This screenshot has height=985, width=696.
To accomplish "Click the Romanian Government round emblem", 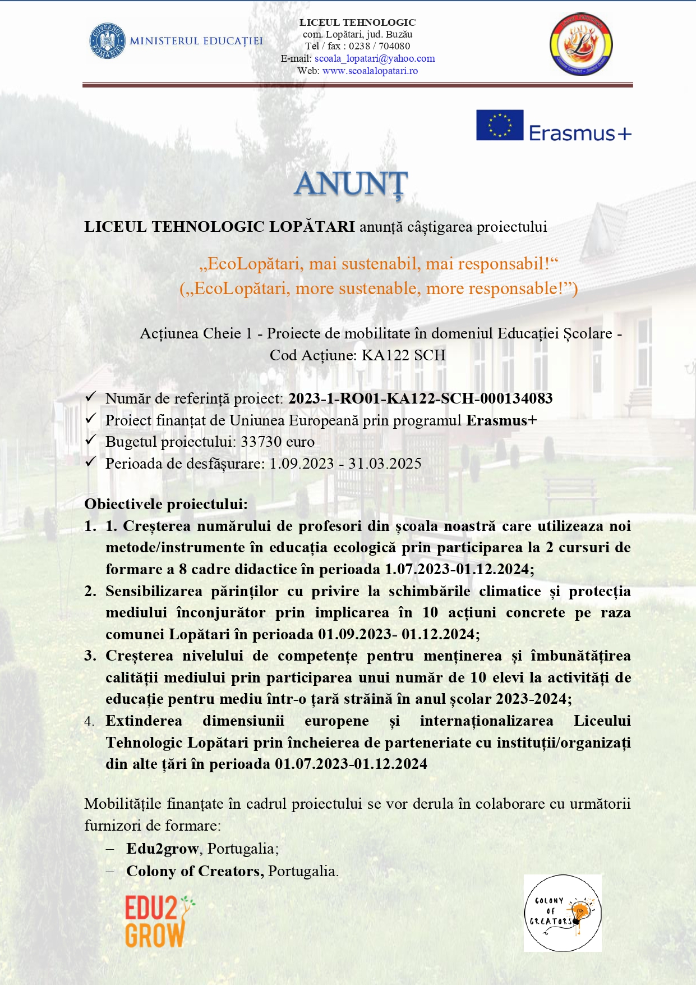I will tap(107, 40).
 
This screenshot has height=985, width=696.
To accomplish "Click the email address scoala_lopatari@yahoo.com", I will tap(375, 58).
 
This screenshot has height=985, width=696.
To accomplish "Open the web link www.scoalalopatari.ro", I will tap(370, 71).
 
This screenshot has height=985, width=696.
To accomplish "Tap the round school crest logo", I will tap(580, 45).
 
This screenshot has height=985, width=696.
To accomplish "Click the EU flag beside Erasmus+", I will tap(499, 125).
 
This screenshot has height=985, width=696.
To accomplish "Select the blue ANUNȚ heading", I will tap(351, 184).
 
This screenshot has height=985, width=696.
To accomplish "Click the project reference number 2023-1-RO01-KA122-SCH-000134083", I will tap(420, 398).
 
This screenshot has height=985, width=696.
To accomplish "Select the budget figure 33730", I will tap(261, 442).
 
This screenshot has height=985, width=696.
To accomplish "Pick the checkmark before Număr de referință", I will tap(91, 397).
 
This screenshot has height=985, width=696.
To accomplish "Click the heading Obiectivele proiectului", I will tap(166, 504).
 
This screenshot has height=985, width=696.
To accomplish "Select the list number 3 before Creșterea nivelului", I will tap(90, 656).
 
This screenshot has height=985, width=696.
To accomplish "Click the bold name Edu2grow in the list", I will tap(163, 849).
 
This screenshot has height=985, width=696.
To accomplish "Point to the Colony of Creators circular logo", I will tap(563, 913).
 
